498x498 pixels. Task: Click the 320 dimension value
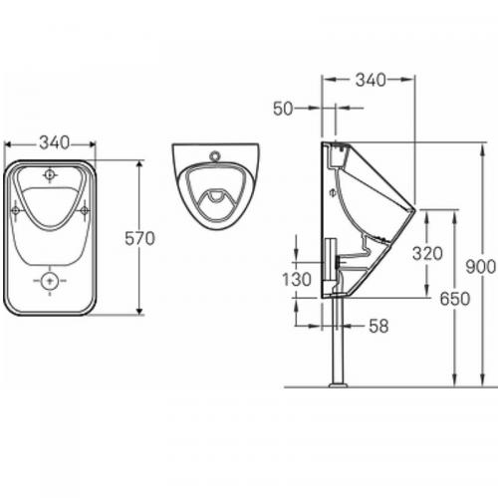[427, 253]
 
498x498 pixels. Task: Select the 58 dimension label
[377, 325]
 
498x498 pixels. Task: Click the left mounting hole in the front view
[15, 211]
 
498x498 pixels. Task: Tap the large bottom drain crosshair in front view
[49, 282]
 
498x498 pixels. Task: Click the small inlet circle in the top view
[214, 156]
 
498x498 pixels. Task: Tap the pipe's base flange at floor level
[339, 382]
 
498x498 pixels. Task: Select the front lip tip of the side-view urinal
[413, 211]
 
